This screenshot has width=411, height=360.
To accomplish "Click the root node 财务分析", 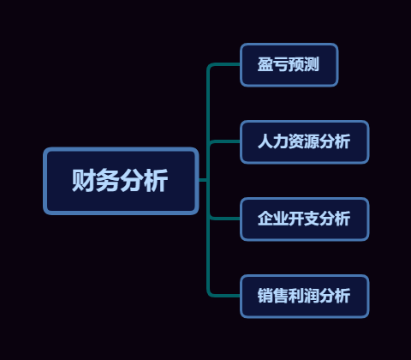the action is [121, 181].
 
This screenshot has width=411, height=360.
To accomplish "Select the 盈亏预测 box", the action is [289, 65].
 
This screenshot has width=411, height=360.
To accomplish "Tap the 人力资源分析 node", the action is [305, 142].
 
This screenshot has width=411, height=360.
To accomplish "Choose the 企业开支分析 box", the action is [305, 219].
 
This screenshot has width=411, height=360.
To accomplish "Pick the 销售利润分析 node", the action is [305, 297].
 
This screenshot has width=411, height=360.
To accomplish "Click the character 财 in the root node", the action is [83, 180].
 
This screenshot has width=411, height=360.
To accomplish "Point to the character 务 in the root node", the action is [107, 180].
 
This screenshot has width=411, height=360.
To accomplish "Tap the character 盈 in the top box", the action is [265, 64].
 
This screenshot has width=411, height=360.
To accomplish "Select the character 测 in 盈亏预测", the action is [312, 64].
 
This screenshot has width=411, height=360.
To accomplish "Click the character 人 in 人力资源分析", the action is [265, 141].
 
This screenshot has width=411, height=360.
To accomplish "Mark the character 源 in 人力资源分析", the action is [312, 141].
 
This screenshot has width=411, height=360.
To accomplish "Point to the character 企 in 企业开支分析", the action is [265, 219].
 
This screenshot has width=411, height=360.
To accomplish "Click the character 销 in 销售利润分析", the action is [265, 296].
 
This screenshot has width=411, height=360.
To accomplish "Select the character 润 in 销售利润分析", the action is [312, 296].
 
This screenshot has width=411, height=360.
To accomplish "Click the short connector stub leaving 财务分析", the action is [203, 180].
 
